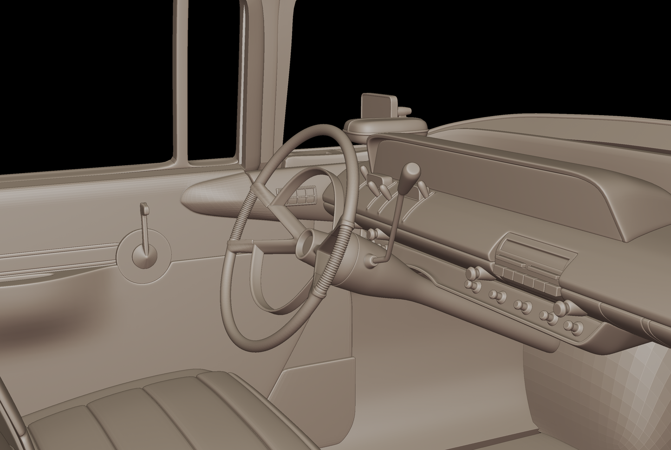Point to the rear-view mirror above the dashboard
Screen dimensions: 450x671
377,106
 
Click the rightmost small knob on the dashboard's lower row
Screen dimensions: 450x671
578,328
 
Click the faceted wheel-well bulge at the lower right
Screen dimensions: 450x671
599,394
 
